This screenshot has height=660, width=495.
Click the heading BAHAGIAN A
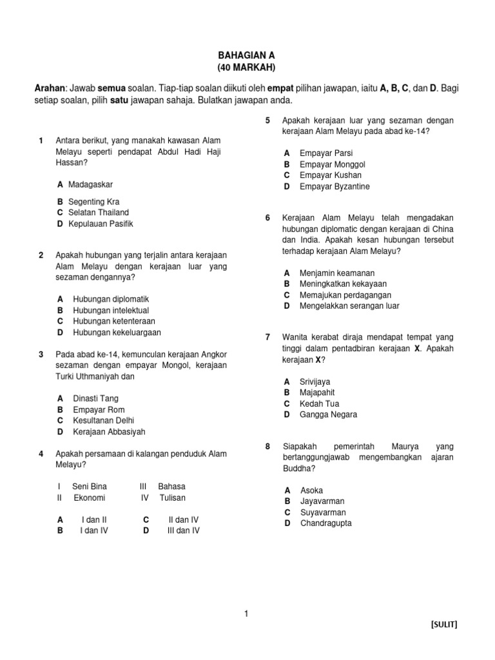click(247, 57)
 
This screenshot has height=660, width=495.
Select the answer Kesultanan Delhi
click(104, 420)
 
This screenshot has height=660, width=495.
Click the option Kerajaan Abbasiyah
click(109, 432)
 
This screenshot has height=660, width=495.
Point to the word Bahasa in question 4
click(171, 487)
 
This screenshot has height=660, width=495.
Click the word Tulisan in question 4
click(173, 498)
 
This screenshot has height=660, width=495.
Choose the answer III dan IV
click(183, 530)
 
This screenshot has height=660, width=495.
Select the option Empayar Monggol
click(333, 164)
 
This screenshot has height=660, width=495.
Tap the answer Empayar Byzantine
click(335, 186)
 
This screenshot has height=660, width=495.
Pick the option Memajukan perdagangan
click(345, 295)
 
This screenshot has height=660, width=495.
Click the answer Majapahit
click(317, 393)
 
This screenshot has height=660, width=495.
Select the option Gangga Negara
click(328, 414)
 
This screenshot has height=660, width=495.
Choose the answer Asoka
click(312, 490)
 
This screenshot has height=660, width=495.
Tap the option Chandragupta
click(326, 523)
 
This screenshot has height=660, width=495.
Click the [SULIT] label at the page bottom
click(444, 625)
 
